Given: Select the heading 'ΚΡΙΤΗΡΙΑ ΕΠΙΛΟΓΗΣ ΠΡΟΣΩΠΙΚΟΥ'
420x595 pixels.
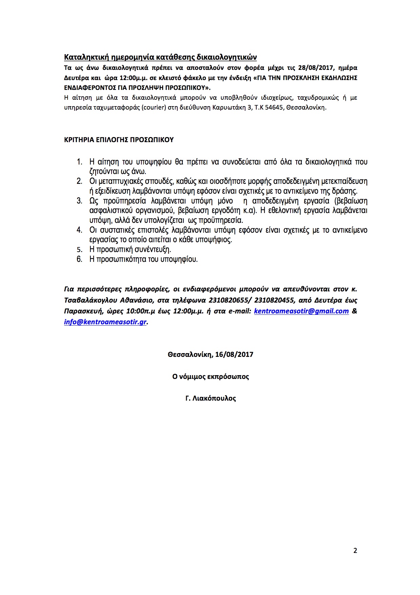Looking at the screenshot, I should click(119, 140).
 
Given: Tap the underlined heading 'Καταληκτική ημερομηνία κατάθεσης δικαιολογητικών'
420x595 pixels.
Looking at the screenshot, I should click(160, 57).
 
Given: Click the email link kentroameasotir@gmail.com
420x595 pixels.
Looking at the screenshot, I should click(301, 311).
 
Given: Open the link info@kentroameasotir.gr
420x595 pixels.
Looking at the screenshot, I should click(105, 322).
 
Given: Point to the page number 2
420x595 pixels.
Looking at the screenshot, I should click(355, 550).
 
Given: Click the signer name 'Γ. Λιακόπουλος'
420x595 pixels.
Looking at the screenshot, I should click(211, 398).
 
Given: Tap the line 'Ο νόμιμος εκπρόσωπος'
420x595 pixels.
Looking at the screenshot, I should click(211, 377).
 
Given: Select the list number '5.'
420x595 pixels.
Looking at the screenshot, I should click(79, 250).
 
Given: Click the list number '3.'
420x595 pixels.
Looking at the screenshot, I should click(79, 201).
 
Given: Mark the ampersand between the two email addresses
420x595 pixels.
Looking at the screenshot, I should click(354, 311).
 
